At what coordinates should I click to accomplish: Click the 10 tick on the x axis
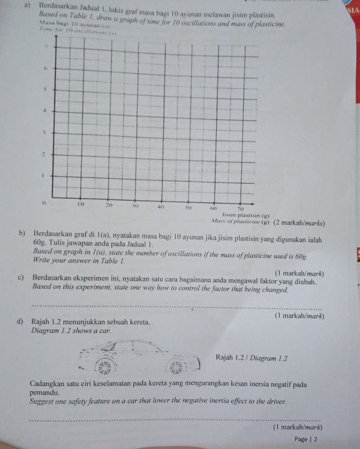click(81, 204)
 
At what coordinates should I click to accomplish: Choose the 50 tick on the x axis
click(187, 205)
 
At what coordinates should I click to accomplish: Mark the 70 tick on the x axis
click(239, 206)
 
